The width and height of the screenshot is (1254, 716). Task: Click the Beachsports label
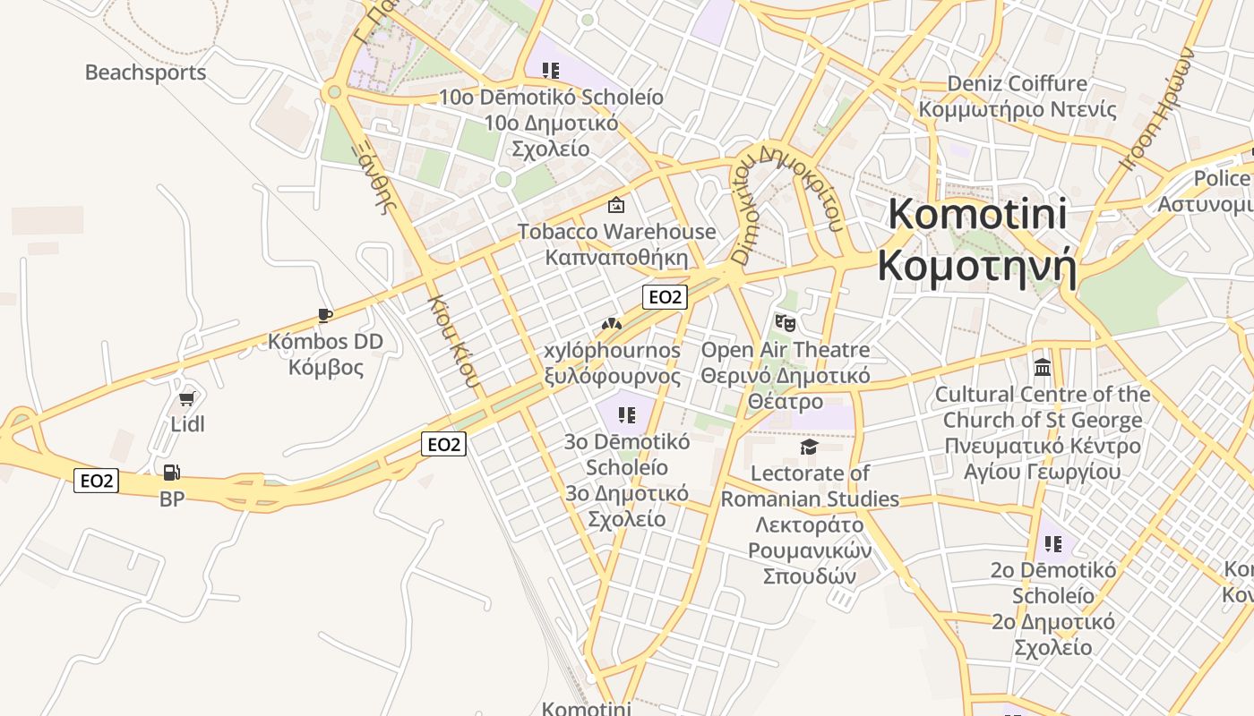coord(145,72)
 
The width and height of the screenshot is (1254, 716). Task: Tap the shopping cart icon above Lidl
coord(187,399)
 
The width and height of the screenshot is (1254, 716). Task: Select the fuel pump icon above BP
coord(172,472)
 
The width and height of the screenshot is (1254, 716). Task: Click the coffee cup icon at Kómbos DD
coord(325,315)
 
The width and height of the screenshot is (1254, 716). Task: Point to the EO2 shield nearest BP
coord(97,481)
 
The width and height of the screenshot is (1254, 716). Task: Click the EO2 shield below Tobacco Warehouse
coord(665,297)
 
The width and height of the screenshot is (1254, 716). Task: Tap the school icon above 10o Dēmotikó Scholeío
coord(550,70)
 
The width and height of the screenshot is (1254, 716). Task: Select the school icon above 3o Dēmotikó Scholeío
coord(627,414)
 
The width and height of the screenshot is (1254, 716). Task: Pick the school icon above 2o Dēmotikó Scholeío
coord(1052,543)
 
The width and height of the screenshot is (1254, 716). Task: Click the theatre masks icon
coord(785,322)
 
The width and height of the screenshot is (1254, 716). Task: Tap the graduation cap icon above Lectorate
coord(810,447)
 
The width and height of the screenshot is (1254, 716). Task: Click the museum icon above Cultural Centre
coord(1043,368)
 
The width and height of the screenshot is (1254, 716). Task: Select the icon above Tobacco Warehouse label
coord(616,205)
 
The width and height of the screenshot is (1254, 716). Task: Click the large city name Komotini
coord(977,215)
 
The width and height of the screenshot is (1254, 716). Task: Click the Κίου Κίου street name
coord(454,340)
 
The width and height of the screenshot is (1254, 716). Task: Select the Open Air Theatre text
coord(785,349)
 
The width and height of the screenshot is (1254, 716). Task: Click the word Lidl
coord(187,424)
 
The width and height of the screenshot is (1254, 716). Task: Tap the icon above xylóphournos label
coord(612,324)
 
